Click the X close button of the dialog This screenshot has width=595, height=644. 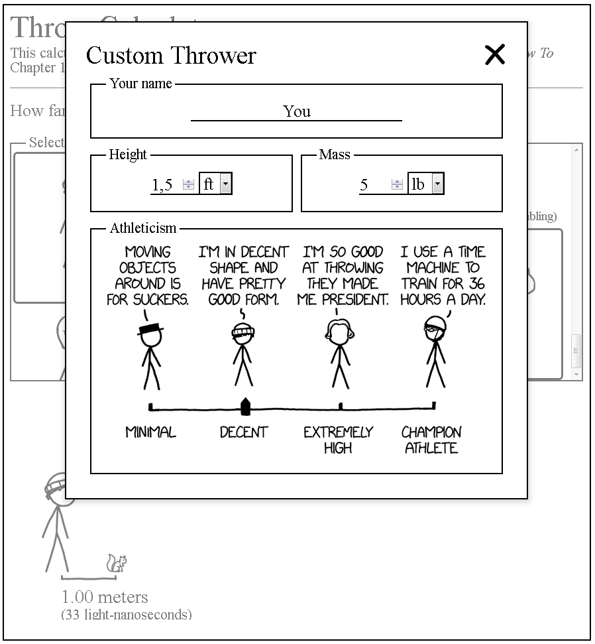[x=495, y=55]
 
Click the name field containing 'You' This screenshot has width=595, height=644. [x=296, y=111]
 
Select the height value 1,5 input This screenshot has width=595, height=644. [x=164, y=185]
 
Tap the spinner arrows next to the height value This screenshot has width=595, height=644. [x=189, y=185]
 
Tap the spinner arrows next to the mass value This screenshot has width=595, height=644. [x=398, y=185]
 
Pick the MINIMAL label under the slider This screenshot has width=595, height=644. [x=151, y=432]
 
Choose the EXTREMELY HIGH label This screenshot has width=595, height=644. [x=338, y=440]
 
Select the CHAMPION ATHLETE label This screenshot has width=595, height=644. [x=431, y=440]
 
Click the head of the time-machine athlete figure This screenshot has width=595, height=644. [x=434, y=327]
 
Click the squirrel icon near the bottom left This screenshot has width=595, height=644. [x=117, y=564]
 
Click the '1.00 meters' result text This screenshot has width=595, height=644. [x=105, y=597]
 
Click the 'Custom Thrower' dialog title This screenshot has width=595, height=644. [x=171, y=55]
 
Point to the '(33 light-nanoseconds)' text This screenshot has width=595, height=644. [x=127, y=615]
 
